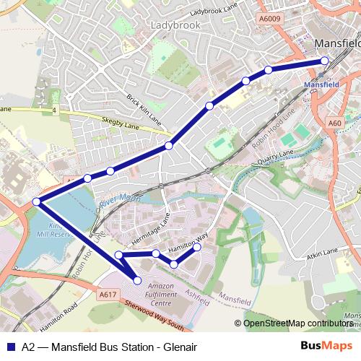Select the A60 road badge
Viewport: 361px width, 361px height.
(334, 123)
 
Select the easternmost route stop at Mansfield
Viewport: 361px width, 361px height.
(324, 61)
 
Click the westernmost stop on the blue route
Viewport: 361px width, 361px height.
(36, 201)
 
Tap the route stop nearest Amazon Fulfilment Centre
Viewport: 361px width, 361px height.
(138, 280)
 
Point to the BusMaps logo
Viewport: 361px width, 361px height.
(326, 345)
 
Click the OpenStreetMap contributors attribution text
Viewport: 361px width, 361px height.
(297, 323)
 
